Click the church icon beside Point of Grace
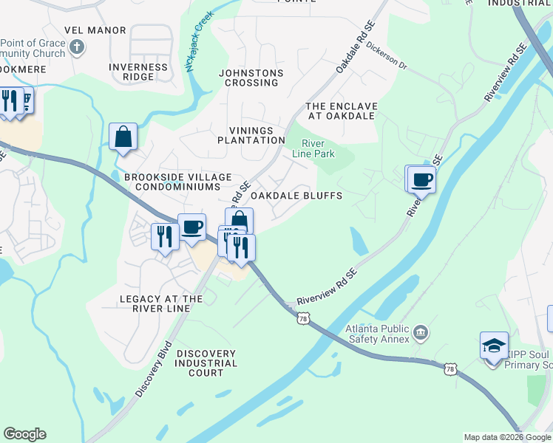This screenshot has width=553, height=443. click(x=77, y=48)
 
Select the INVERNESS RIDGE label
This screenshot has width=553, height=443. click(x=138, y=72)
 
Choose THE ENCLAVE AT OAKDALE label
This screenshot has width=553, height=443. click(x=342, y=111)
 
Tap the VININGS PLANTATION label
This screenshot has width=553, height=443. click(x=251, y=135)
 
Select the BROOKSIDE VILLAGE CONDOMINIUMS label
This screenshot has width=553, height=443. click(x=178, y=182)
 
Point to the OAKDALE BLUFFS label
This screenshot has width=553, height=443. click(x=296, y=196)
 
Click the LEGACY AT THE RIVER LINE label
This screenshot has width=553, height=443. click(x=161, y=304)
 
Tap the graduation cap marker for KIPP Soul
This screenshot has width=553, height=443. click(x=494, y=346)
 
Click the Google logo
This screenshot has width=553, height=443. click(x=24, y=434)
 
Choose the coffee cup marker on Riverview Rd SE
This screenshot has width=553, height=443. click(x=422, y=179)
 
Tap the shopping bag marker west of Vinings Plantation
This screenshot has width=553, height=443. click(x=123, y=137)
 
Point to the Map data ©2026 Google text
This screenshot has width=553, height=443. click(x=507, y=437)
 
